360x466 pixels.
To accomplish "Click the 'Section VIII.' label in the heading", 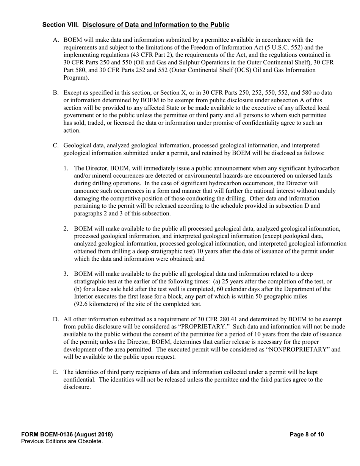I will pos(61,25).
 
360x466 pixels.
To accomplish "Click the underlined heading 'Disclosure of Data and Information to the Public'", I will pos(156,25).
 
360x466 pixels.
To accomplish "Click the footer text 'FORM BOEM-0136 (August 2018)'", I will pos(67,435).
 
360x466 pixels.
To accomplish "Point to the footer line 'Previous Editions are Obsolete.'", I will pos(62,441).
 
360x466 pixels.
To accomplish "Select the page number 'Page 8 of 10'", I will pos(307,435).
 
